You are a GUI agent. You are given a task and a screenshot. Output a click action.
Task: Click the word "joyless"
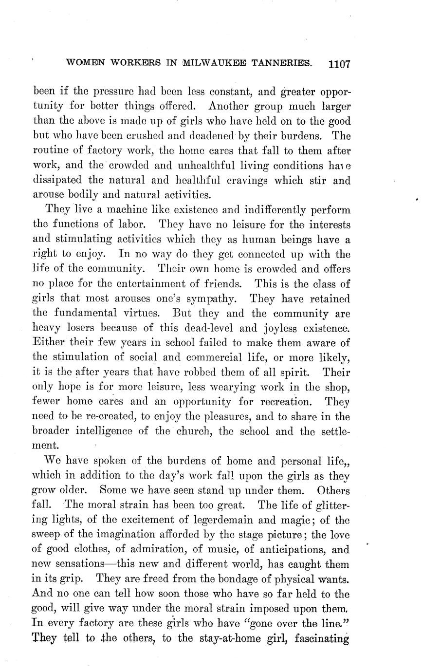coord(273,327)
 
